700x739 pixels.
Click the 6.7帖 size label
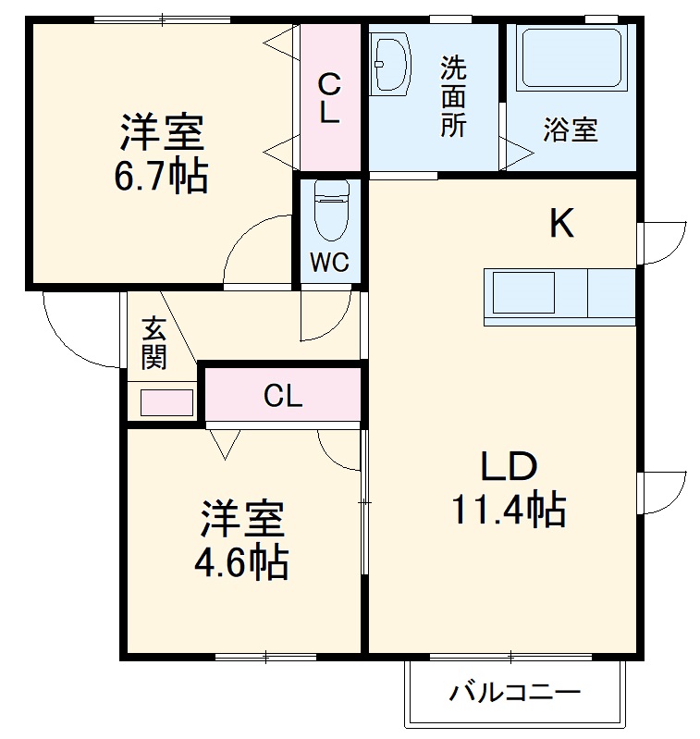160,176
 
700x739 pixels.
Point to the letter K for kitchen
561,223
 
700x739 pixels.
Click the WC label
329,263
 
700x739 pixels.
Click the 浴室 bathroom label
570,130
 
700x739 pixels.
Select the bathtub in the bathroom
570,59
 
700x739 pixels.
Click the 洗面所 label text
452,96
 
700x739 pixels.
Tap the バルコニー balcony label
515,691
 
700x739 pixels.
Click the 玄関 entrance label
154,342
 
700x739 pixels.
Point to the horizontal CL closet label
282,396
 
